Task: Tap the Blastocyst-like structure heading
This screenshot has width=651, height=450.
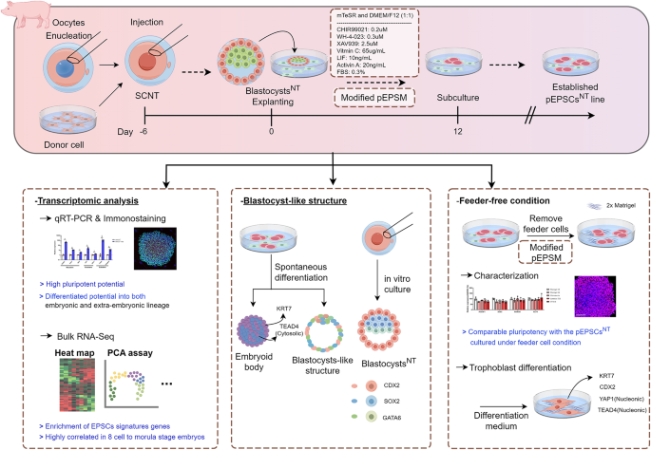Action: coord(296,174)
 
